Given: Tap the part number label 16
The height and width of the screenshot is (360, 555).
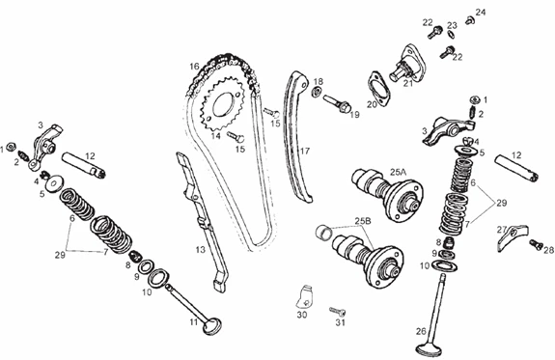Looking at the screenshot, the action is [x=194, y=67].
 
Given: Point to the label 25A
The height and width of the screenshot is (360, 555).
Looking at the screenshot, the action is [x=398, y=173].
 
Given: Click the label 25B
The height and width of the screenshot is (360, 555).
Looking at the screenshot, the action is [x=363, y=221].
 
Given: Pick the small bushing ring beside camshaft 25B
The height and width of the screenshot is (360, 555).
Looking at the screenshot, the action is [x=323, y=232].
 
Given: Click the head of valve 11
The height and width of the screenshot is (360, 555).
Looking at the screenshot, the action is [x=212, y=326].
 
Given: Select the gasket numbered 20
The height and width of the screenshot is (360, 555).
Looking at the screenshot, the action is [x=378, y=90].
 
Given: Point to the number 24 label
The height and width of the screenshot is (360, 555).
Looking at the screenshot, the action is [x=481, y=12].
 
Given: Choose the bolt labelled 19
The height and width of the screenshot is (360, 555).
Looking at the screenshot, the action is [x=337, y=102].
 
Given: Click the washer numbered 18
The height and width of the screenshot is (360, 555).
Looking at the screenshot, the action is [x=316, y=92].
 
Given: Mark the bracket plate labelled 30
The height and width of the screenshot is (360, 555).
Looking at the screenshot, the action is [x=305, y=295].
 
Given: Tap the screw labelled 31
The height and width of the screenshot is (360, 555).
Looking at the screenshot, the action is [x=338, y=312].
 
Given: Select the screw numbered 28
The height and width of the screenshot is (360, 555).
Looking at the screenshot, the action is [x=536, y=244].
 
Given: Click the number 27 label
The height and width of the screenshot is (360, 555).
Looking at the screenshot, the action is [x=502, y=230].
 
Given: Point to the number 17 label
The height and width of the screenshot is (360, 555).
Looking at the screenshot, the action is [x=305, y=152].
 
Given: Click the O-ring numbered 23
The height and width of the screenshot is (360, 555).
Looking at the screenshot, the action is [x=451, y=35].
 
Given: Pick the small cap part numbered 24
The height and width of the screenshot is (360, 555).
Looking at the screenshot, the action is [x=470, y=20].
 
